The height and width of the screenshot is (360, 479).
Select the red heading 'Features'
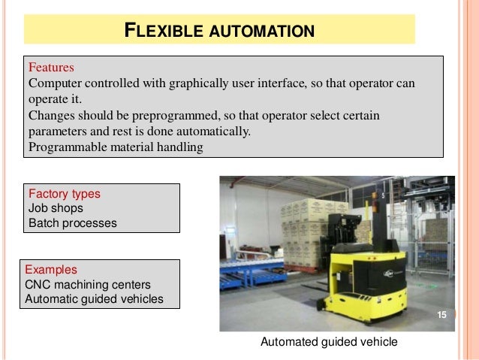click(x=52, y=67)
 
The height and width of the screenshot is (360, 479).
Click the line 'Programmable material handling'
click(x=116, y=147)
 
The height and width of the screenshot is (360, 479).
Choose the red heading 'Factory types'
click(x=64, y=193)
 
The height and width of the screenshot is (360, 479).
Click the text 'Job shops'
click(x=56, y=208)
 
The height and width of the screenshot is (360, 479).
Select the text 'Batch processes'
click(x=73, y=223)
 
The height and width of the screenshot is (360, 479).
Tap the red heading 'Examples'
click(x=51, y=269)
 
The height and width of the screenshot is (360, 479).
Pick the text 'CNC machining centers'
click(x=88, y=284)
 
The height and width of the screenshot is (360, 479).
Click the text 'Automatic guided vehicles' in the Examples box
click(x=94, y=299)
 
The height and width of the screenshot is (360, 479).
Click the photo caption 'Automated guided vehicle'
click(x=329, y=342)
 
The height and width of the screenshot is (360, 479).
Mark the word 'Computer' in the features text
click(x=55, y=83)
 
